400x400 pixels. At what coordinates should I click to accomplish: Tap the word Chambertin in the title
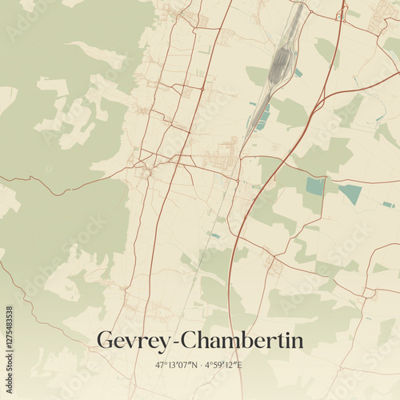click(x=242, y=341)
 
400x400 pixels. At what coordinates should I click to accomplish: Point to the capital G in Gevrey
click(x=105, y=340)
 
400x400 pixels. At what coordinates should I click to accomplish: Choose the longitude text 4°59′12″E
click(x=223, y=365)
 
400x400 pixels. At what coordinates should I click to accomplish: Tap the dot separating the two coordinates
click(x=199, y=365)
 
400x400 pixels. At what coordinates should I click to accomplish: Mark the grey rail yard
click(x=280, y=60)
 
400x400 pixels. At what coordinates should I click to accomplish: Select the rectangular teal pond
click(x=315, y=186)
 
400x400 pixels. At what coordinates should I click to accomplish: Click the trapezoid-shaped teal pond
click(x=350, y=193)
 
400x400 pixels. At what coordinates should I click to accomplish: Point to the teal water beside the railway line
click(x=262, y=120)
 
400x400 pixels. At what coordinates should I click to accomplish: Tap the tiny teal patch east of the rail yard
click(x=298, y=73)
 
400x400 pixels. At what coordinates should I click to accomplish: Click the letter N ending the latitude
click(x=192, y=365)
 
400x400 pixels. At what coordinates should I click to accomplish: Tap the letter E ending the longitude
click(x=240, y=365)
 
